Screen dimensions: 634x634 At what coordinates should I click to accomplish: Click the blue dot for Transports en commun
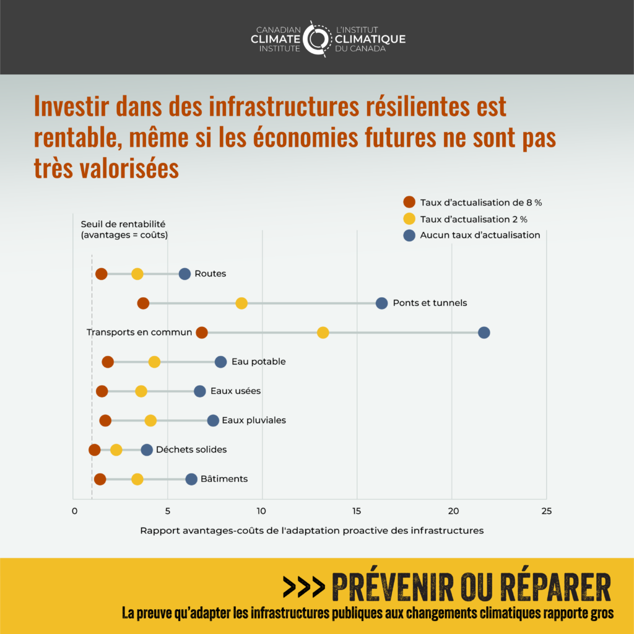484,332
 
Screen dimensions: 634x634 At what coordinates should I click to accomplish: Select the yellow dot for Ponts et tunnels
241,303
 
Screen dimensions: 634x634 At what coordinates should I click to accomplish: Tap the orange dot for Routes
102,274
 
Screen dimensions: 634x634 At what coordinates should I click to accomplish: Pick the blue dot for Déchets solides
147,449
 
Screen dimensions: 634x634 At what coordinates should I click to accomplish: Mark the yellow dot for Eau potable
154,362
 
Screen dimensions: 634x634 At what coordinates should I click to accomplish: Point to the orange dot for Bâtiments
100,479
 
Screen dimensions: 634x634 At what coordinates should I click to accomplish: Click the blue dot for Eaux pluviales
213,420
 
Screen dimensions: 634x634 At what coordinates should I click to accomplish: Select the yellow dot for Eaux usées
141,391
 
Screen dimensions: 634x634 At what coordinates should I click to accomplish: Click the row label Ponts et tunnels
430,303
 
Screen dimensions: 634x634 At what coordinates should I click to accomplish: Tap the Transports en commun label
139,332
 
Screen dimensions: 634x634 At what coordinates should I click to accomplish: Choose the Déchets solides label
191,449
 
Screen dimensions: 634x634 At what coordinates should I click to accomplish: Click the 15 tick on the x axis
357,511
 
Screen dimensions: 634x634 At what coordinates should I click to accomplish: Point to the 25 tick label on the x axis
545,511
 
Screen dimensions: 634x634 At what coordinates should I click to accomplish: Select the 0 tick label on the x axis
74,511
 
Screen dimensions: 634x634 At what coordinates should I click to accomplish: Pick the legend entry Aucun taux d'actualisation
480,235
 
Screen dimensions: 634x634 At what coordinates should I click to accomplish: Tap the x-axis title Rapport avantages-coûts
311,531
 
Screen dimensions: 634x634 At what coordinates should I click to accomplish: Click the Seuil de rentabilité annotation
124,230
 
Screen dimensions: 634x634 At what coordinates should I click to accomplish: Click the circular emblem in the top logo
317,38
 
